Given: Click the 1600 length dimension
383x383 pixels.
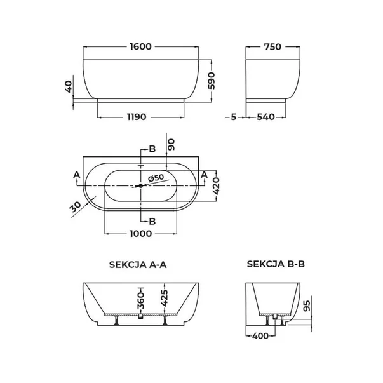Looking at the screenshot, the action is click(x=141, y=46).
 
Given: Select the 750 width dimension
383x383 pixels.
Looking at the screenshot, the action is click(x=272, y=46).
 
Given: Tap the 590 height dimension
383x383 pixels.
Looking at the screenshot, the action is click(x=212, y=81).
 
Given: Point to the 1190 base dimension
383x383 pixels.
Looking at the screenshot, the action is click(x=137, y=117).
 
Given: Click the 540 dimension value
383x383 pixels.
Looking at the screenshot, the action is click(x=265, y=117).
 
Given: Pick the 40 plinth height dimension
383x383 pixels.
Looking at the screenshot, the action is click(x=69, y=87).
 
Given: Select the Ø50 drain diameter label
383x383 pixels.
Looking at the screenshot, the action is click(x=156, y=178).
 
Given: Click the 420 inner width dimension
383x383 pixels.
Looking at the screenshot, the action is click(x=216, y=186).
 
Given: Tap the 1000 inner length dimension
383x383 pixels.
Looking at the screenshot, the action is click(x=141, y=234).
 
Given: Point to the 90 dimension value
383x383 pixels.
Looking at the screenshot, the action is click(x=171, y=145).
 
